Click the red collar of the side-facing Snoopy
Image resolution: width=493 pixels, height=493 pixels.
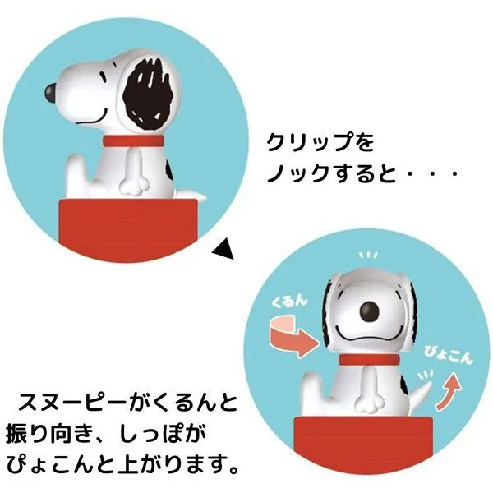pos(134,141)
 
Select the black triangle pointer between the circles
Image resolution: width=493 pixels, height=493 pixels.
pos(224,248)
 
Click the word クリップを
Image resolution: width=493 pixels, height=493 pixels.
pos(320,143)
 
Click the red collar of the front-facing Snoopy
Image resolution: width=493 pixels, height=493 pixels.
pos(370,359)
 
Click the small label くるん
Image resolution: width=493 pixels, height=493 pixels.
pos(289,302)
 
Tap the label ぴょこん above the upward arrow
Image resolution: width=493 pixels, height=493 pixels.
pos(449,355)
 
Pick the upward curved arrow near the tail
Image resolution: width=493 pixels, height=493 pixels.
pos(448,391)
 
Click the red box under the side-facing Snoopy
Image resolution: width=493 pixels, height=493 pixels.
pos(127,230)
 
